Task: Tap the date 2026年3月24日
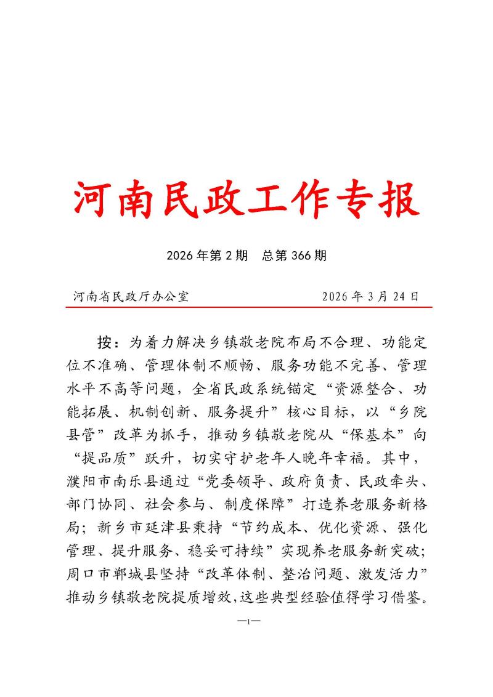click(x=370, y=296)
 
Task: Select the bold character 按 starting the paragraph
click(x=105, y=341)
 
